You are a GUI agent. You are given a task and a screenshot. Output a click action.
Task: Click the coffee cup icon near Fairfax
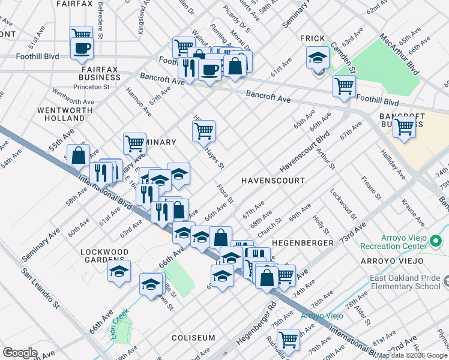click(82, 48)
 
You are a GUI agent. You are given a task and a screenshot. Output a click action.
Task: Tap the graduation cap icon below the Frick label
click(318, 58)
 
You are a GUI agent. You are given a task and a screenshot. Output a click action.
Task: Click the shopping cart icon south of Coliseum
click(289, 339)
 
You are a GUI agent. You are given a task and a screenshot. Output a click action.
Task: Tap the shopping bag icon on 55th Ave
click(78, 155)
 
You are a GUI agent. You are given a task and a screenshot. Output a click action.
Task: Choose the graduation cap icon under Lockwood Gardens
click(119, 271)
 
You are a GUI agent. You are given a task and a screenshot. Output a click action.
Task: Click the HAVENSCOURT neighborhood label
click(273, 181)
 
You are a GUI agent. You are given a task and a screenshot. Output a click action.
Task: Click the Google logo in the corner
click(20, 353)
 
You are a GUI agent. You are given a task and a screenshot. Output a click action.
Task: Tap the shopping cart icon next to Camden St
click(344, 85)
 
